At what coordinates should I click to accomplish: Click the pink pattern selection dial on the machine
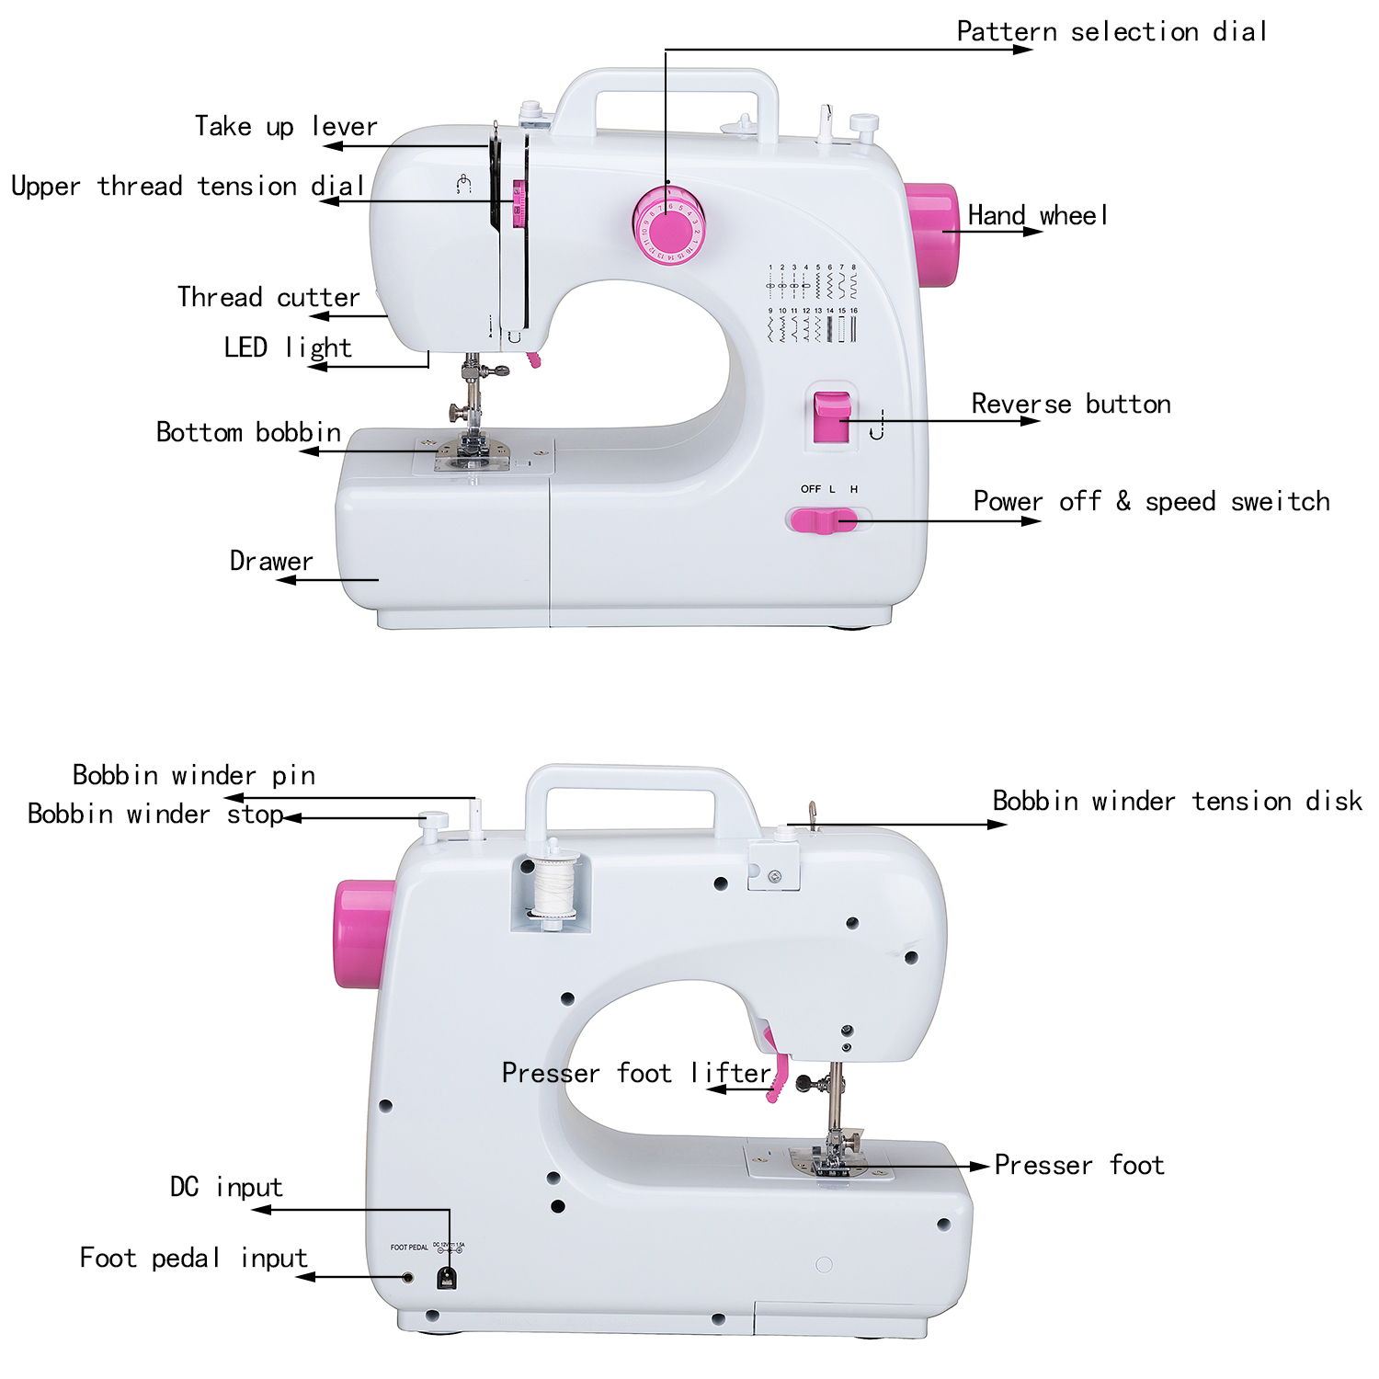[668, 225]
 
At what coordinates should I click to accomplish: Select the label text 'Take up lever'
[286, 126]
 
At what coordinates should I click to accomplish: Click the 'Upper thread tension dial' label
[188, 186]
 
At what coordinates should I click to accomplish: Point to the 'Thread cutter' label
[268, 297]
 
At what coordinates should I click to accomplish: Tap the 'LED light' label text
[288, 348]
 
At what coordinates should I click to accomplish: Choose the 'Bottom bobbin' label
[248, 432]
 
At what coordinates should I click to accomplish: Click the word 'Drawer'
[271, 561]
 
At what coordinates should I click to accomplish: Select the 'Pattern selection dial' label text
[1111, 32]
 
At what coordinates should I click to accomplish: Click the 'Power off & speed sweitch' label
[1151, 501]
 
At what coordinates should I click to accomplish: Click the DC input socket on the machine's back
[447, 1278]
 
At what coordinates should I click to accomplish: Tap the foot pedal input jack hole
[408, 1278]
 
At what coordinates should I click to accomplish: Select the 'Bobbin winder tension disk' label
[1177, 801]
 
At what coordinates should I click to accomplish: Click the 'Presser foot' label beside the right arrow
[1079, 1165]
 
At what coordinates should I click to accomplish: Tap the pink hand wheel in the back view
[363, 933]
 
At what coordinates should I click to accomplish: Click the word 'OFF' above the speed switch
[810, 489]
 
